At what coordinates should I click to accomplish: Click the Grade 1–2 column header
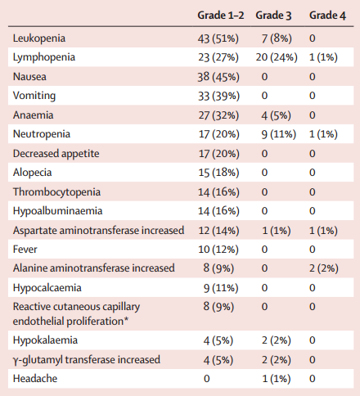click(221, 16)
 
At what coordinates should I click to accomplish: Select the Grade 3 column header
click(273, 16)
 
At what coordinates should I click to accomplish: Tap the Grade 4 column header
click(327, 16)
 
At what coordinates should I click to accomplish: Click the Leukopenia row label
click(39, 38)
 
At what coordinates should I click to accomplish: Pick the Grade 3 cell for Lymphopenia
click(277, 57)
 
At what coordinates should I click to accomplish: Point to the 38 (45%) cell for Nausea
click(218, 77)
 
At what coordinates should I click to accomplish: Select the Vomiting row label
click(34, 96)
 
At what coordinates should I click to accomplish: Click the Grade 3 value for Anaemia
click(276, 115)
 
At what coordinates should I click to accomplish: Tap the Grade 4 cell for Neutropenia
click(323, 134)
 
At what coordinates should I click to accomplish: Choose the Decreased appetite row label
click(56, 154)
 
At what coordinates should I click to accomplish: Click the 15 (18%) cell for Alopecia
click(218, 173)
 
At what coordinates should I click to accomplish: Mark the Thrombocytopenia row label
click(56, 192)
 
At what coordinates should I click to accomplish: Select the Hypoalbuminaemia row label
click(57, 211)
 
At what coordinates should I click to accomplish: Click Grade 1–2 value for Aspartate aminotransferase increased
click(218, 231)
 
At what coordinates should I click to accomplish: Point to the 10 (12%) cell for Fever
click(218, 250)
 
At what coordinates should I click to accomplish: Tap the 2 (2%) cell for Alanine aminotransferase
click(324, 268)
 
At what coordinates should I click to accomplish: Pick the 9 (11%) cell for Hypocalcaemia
click(221, 288)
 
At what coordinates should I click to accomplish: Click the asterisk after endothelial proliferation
click(126, 320)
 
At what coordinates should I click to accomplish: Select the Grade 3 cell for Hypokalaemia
click(277, 340)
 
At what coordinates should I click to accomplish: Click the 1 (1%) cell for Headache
click(277, 379)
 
